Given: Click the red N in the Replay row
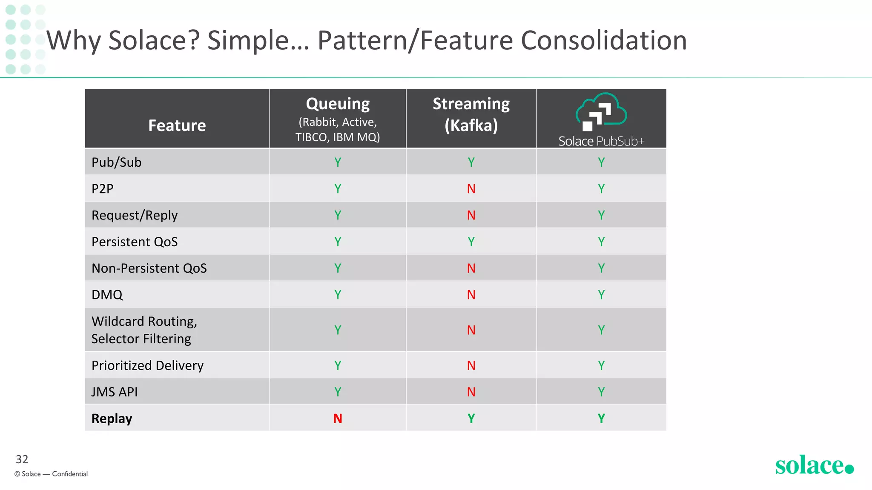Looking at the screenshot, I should [x=338, y=419].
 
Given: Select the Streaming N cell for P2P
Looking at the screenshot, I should [x=471, y=189].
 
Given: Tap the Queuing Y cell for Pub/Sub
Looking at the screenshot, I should [x=338, y=162].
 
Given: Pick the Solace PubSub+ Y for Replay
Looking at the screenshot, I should [x=601, y=419].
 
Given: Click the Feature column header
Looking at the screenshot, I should [x=177, y=125].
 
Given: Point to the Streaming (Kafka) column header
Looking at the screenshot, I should [x=471, y=114].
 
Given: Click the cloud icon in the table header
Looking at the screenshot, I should [x=601, y=111].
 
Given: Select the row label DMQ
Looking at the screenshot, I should [x=107, y=295].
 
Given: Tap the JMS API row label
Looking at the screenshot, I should [x=115, y=392].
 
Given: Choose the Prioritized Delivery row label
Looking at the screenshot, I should [x=147, y=365].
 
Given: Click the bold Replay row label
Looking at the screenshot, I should [x=112, y=419].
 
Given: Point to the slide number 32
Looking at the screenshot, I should [x=22, y=459].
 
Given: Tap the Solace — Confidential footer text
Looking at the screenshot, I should [x=51, y=474].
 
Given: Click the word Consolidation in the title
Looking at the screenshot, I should [x=604, y=41].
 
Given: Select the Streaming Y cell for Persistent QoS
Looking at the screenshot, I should [x=471, y=242].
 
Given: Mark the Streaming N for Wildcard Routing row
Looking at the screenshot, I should [x=471, y=330].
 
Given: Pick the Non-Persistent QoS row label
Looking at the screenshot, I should [x=149, y=268].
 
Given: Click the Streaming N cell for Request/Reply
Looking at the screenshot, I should [x=471, y=215].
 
